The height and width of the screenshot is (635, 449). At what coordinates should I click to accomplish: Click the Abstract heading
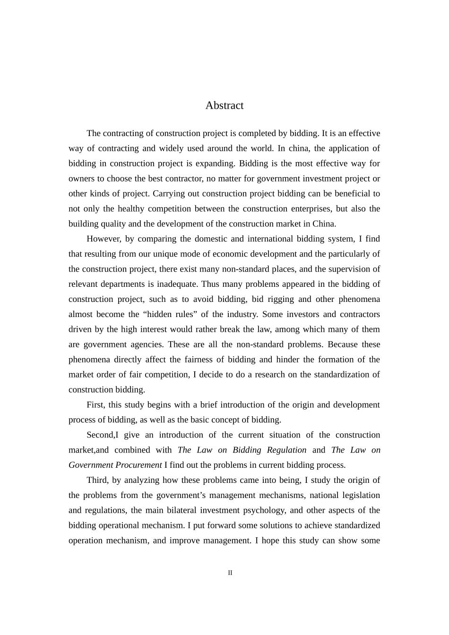click(224, 105)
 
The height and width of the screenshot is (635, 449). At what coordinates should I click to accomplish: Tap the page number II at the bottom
click(230, 573)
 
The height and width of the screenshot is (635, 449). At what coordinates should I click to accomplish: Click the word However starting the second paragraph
click(104, 239)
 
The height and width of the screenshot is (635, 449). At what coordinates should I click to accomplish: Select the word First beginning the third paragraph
click(97, 404)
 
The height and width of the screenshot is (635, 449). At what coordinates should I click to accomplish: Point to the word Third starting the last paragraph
click(97, 480)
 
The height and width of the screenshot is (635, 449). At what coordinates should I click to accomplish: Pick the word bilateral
click(180, 510)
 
